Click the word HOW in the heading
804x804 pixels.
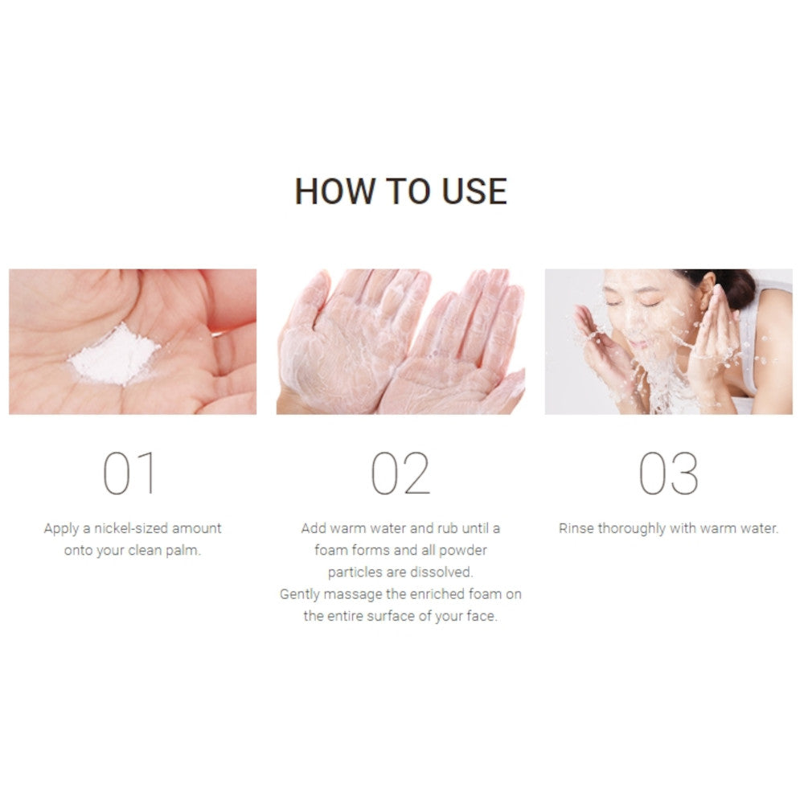point(334,192)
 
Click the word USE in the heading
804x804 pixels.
point(474,192)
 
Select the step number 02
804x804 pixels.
point(400,474)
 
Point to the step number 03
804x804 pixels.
point(669,474)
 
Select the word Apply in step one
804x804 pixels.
point(61,529)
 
